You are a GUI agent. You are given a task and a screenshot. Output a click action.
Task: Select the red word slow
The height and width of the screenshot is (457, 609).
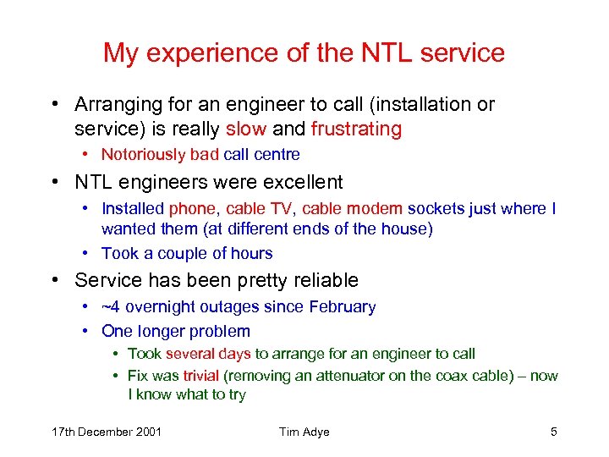click(x=246, y=129)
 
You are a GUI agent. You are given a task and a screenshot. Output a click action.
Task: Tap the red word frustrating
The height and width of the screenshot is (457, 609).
click(x=356, y=129)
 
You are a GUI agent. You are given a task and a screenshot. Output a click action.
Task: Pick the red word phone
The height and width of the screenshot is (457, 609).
click(x=192, y=208)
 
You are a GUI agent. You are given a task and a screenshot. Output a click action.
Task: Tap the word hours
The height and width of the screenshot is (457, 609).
click(x=252, y=253)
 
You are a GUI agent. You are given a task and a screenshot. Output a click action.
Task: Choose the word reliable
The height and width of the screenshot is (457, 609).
click(x=319, y=280)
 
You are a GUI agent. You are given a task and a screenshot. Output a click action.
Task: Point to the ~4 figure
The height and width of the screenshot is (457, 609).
click(x=112, y=306)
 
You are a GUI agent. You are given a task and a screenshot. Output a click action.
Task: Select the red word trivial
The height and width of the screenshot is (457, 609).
click(x=200, y=375)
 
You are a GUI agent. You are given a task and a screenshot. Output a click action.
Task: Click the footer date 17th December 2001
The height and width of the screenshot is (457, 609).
click(x=107, y=432)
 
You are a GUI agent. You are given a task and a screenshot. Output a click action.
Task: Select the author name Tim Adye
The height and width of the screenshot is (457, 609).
click(x=304, y=432)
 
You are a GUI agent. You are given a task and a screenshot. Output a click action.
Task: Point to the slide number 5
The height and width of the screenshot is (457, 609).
click(x=553, y=432)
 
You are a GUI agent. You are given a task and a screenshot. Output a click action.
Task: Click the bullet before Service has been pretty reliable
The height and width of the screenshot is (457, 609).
click(x=55, y=280)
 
